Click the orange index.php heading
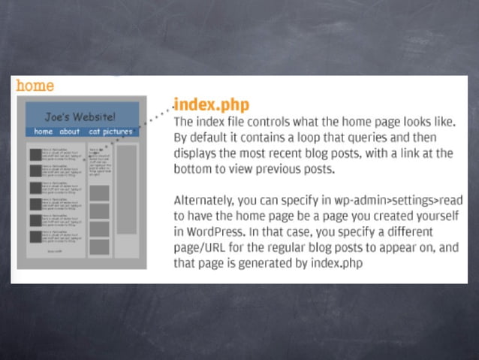211,104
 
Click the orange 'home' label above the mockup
35,86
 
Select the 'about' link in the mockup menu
70,132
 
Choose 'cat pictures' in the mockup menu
110,132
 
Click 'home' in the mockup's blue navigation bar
43,132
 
